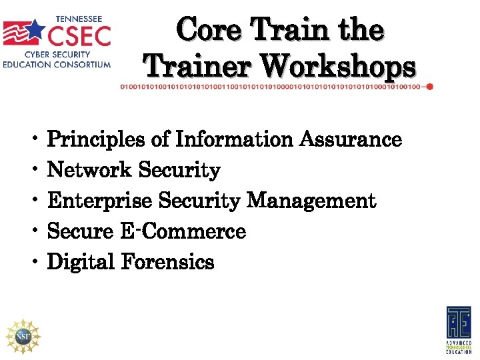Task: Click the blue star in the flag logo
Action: [33, 29]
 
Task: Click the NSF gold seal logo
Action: [23, 336]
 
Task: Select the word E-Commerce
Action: [183, 232]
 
